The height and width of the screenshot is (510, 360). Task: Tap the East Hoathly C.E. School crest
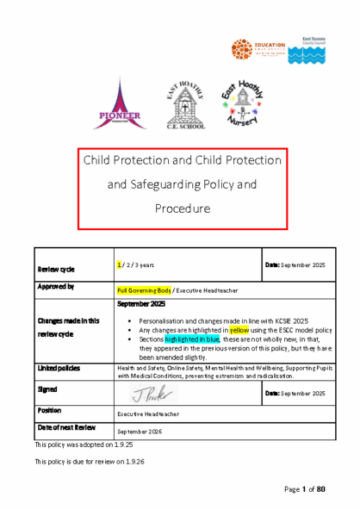[183, 107]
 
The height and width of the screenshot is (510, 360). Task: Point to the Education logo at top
[260, 50]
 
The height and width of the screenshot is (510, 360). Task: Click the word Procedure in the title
[183, 208]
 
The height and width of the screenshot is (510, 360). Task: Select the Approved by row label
[54, 286]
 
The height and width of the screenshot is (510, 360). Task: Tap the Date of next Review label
[65, 427]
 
